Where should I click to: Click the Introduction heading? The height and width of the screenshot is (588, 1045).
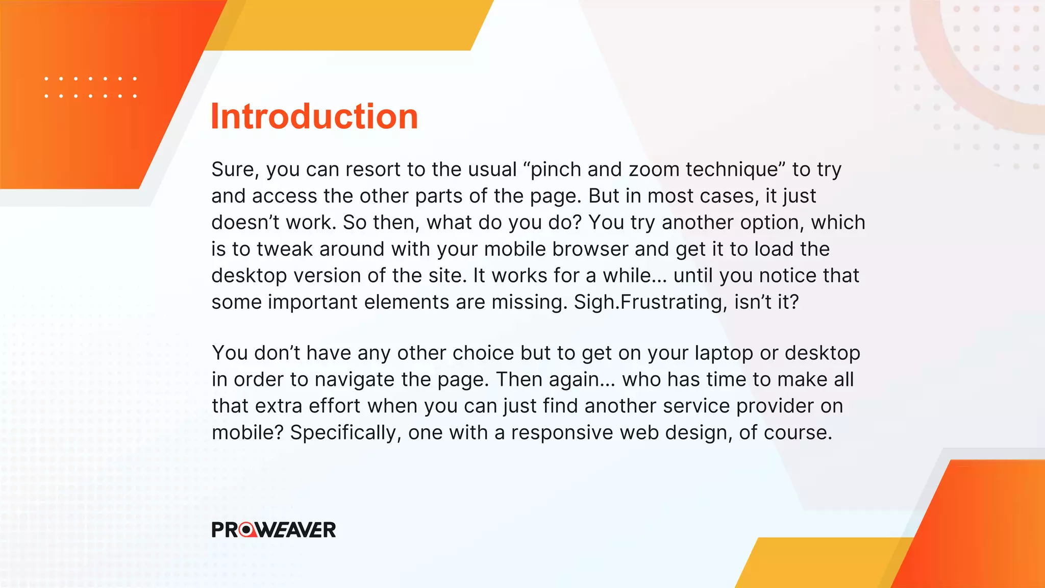click(314, 116)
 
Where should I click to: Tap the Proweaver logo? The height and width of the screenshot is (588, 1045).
click(273, 530)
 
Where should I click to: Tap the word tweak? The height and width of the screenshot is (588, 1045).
click(285, 249)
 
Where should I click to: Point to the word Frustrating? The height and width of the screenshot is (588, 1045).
click(674, 302)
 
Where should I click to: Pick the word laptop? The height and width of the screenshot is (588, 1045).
click(724, 353)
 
